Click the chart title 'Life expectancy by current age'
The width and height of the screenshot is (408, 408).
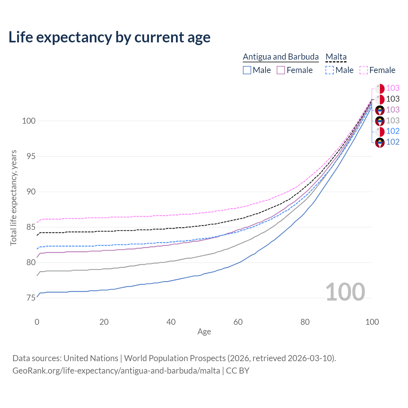109,37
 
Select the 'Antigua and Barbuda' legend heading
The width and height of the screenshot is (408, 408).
280,57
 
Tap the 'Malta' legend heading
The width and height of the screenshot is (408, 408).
336,57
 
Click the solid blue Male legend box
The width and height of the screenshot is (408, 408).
247,70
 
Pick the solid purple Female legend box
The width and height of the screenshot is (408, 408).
281,70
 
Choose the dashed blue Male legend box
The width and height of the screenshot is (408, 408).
330,70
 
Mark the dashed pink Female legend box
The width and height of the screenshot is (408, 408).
364,70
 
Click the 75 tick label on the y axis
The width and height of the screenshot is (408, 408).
31,298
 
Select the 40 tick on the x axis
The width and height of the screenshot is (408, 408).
171,322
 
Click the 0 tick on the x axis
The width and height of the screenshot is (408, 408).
37,322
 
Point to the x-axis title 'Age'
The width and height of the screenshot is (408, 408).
204,332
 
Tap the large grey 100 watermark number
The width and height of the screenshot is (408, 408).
345,292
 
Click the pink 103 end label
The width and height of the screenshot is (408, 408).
393,88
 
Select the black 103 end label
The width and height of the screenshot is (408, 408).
393,99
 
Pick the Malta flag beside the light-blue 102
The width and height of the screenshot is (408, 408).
380,131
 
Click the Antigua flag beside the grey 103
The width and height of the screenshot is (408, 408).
380,121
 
